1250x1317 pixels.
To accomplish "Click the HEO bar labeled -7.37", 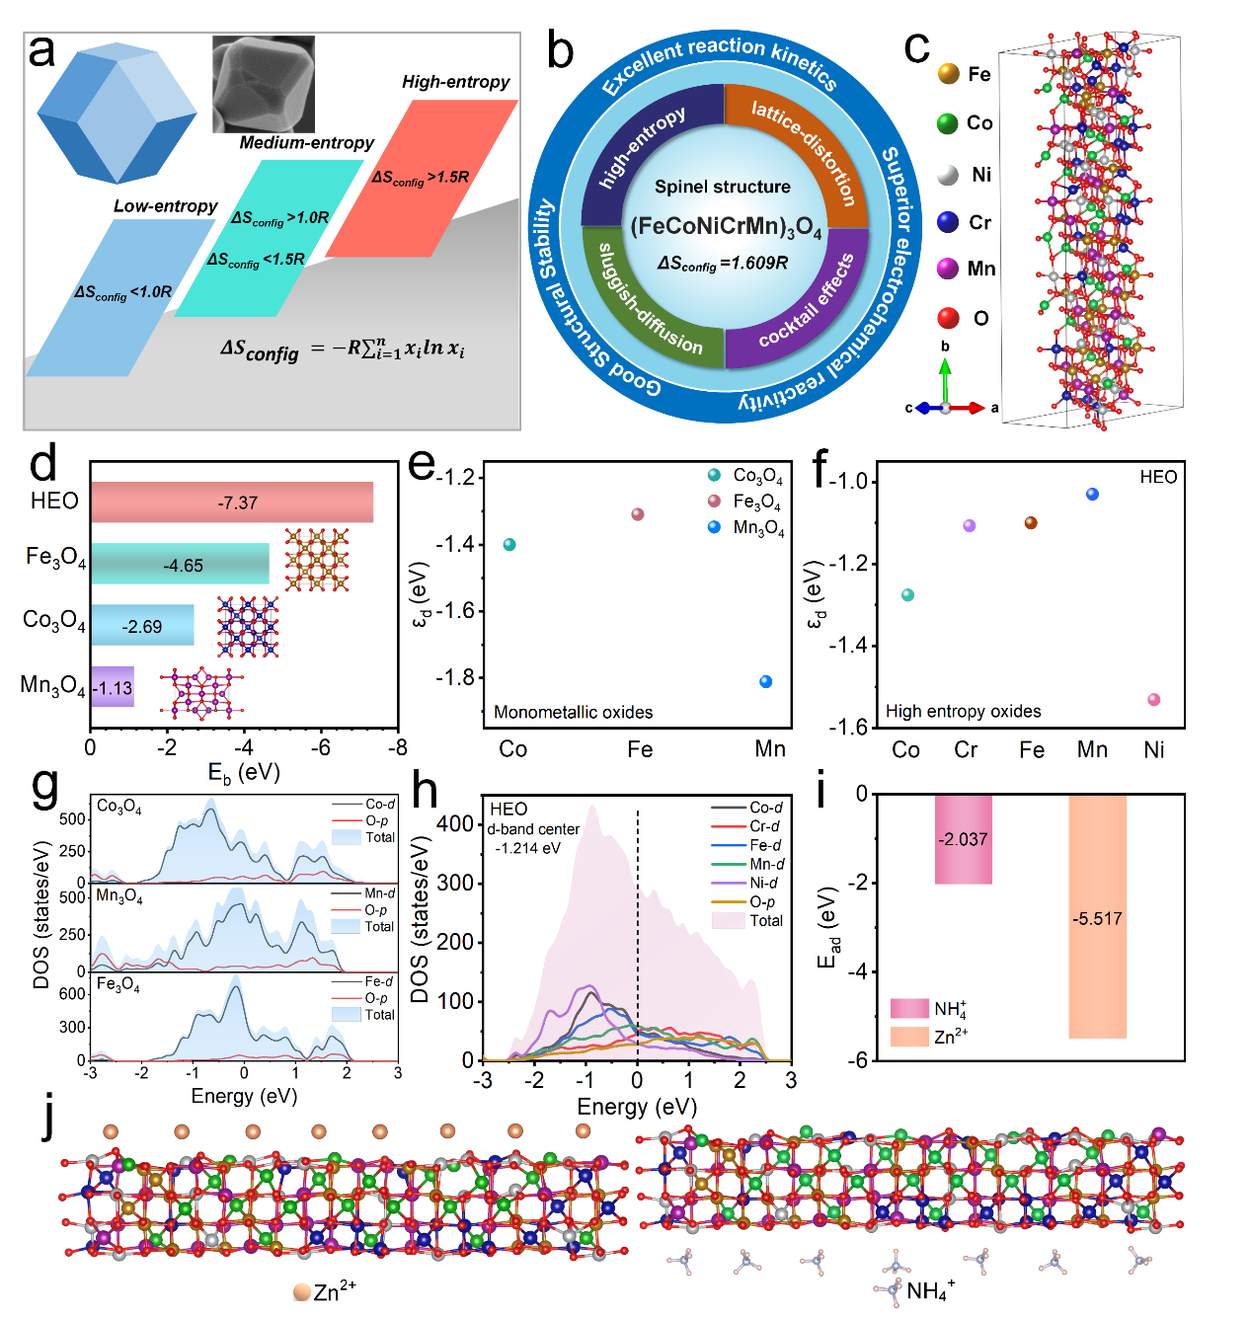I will [x=233, y=503].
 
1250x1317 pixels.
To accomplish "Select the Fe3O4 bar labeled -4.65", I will [x=181, y=565].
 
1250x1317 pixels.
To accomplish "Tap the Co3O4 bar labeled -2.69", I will [x=143, y=626].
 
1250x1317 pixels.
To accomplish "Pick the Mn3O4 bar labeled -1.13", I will [x=113, y=687].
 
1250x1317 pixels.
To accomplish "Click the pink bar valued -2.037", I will [x=963, y=839].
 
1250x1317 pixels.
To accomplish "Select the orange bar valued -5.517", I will [x=1097, y=917].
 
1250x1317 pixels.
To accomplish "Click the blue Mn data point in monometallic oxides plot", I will [x=766, y=681].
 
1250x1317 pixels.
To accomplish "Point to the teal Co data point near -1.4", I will [x=509, y=544].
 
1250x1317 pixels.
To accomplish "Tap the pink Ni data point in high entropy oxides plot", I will [x=1153, y=700].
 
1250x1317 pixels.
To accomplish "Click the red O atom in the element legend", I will [x=948, y=318].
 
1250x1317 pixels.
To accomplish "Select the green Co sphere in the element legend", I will [x=948, y=122].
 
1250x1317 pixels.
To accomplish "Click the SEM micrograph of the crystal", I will [x=264, y=84].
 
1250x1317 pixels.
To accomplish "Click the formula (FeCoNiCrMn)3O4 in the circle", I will [x=726, y=227].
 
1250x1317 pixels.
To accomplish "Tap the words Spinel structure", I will [x=723, y=187].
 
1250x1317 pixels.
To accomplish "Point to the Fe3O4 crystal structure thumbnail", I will [x=317, y=559].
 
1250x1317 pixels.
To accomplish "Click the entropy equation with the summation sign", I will [x=343, y=349].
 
